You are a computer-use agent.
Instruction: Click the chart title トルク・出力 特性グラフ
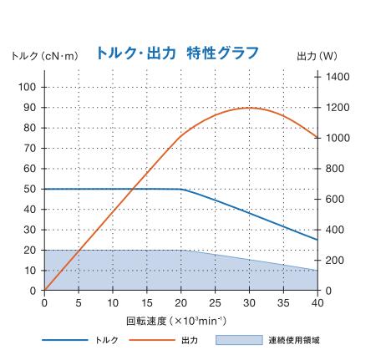(x=177, y=53)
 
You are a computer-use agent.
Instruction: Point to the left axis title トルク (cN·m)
(x=44, y=56)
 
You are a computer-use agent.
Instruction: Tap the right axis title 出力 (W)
(x=317, y=56)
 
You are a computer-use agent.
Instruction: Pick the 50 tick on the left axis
(x=28, y=189)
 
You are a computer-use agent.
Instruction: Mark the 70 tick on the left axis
(x=28, y=148)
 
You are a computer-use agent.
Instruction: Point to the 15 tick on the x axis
(x=146, y=302)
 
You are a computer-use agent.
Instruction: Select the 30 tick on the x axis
(x=249, y=302)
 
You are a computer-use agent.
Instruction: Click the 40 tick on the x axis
(x=317, y=302)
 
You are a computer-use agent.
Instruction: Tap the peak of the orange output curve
(x=249, y=108)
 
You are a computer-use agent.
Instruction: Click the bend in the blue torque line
(x=181, y=190)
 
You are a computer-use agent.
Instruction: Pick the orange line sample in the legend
(x=153, y=340)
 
